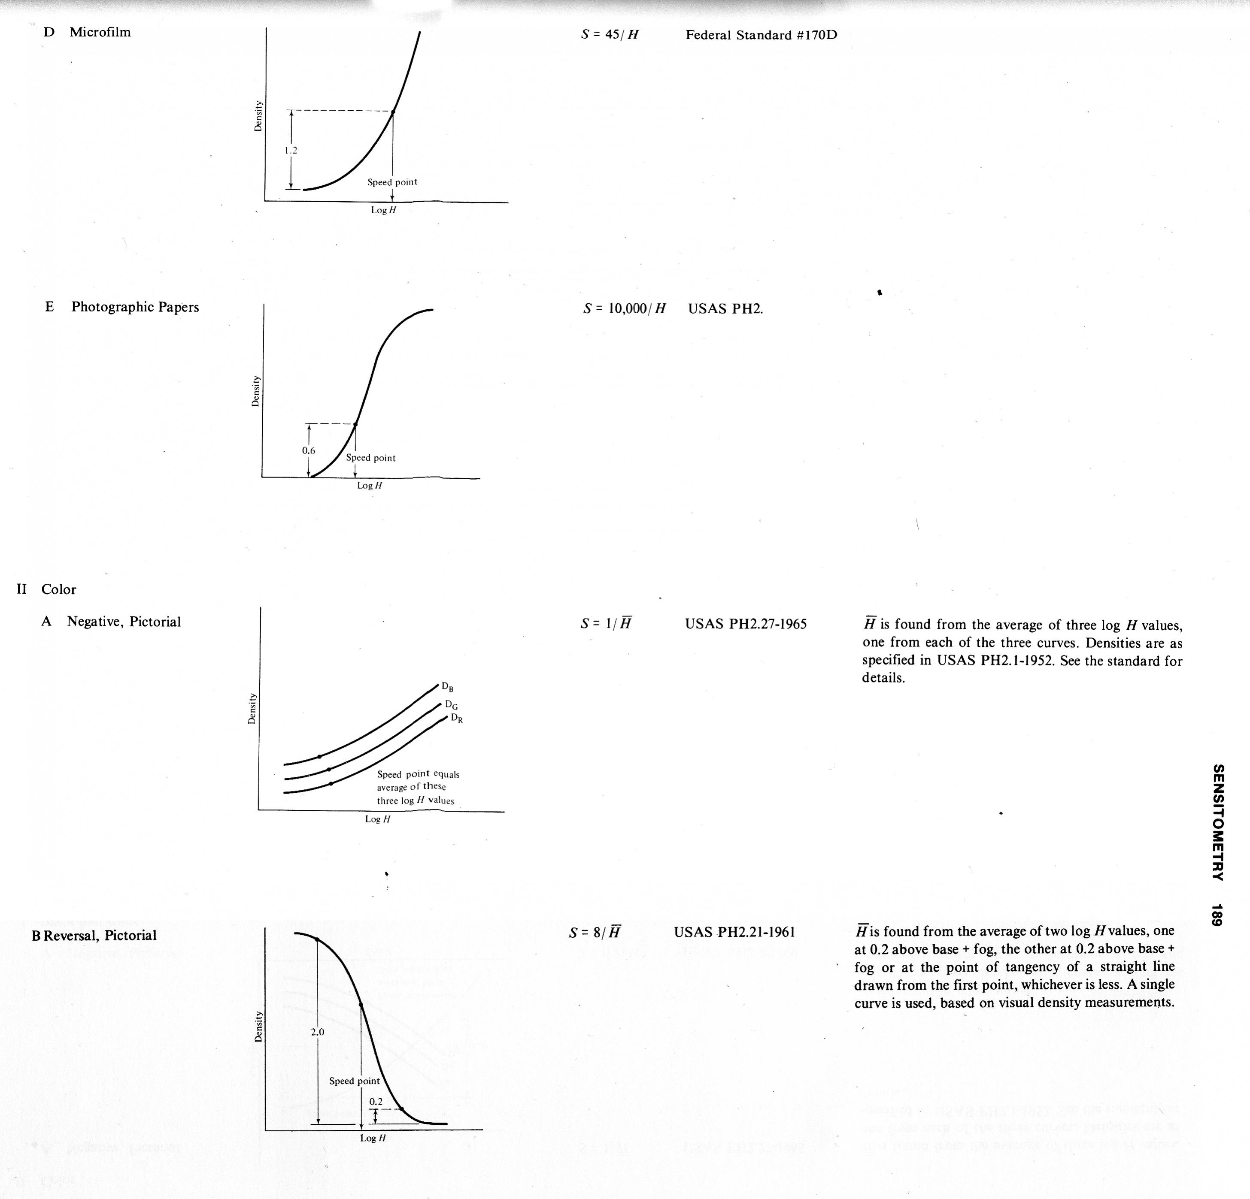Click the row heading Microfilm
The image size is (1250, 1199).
(100, 32)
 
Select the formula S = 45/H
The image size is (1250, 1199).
(609, 34)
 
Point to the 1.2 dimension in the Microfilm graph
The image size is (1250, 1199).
(291, 151)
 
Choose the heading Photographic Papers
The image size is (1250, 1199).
(134, 307)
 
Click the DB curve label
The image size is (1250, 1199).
(448, 687)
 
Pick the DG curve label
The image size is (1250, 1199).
(451, 705)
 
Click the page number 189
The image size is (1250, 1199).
(1217, 915)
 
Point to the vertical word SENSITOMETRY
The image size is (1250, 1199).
(1217, 822)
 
